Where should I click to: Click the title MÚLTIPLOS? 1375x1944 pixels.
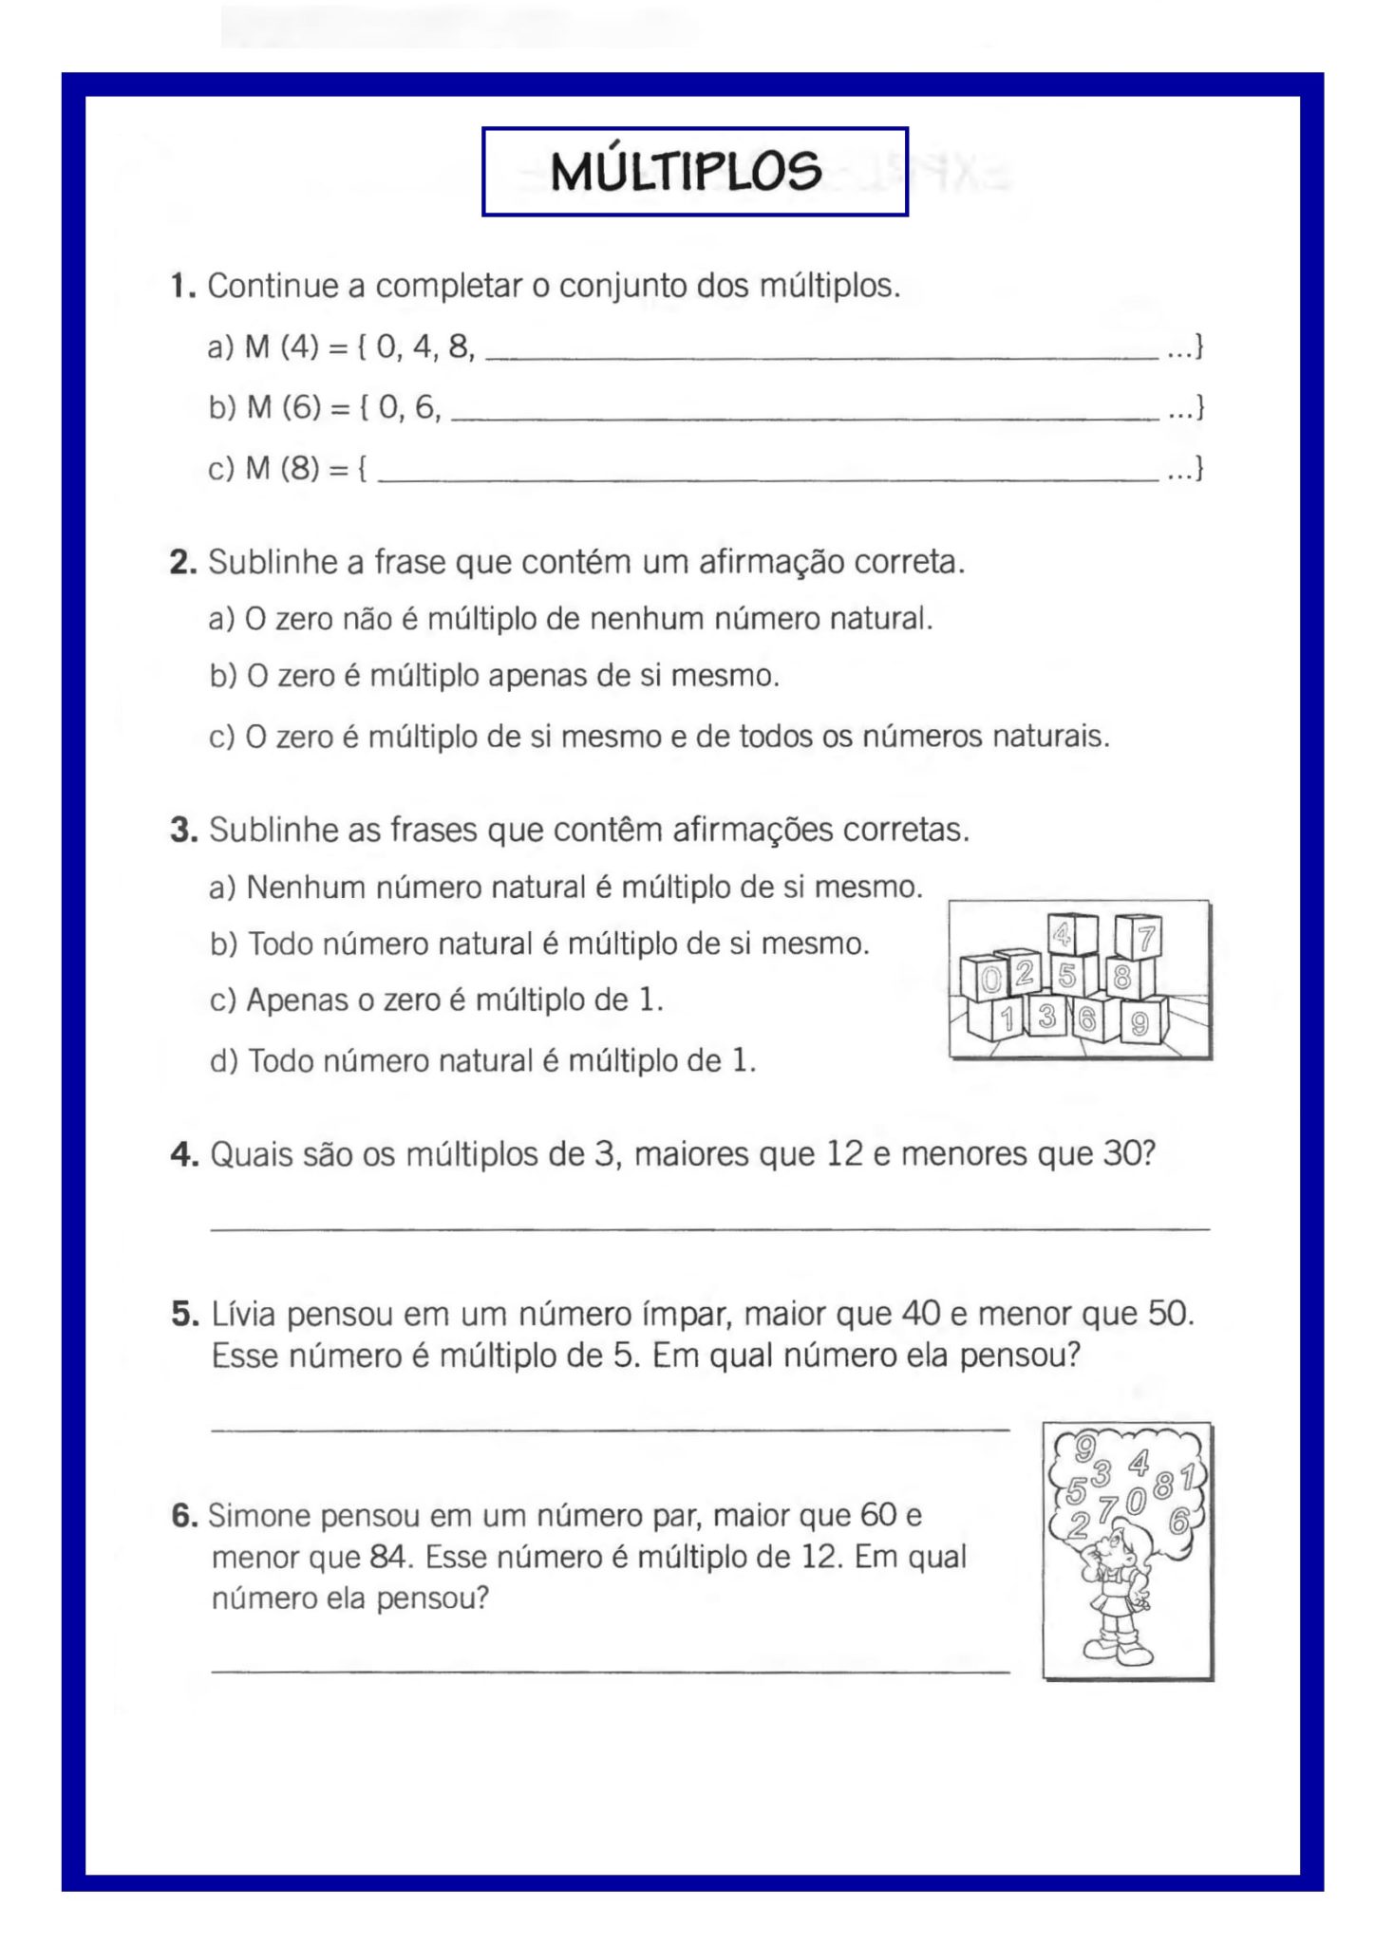[686, 172]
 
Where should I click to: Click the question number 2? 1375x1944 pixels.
[182, 563]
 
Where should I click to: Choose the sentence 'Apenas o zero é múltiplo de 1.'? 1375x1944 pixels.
[436, 1000]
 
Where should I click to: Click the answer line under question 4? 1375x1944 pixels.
[708, 1229]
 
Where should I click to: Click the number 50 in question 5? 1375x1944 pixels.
[1167, 1315]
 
